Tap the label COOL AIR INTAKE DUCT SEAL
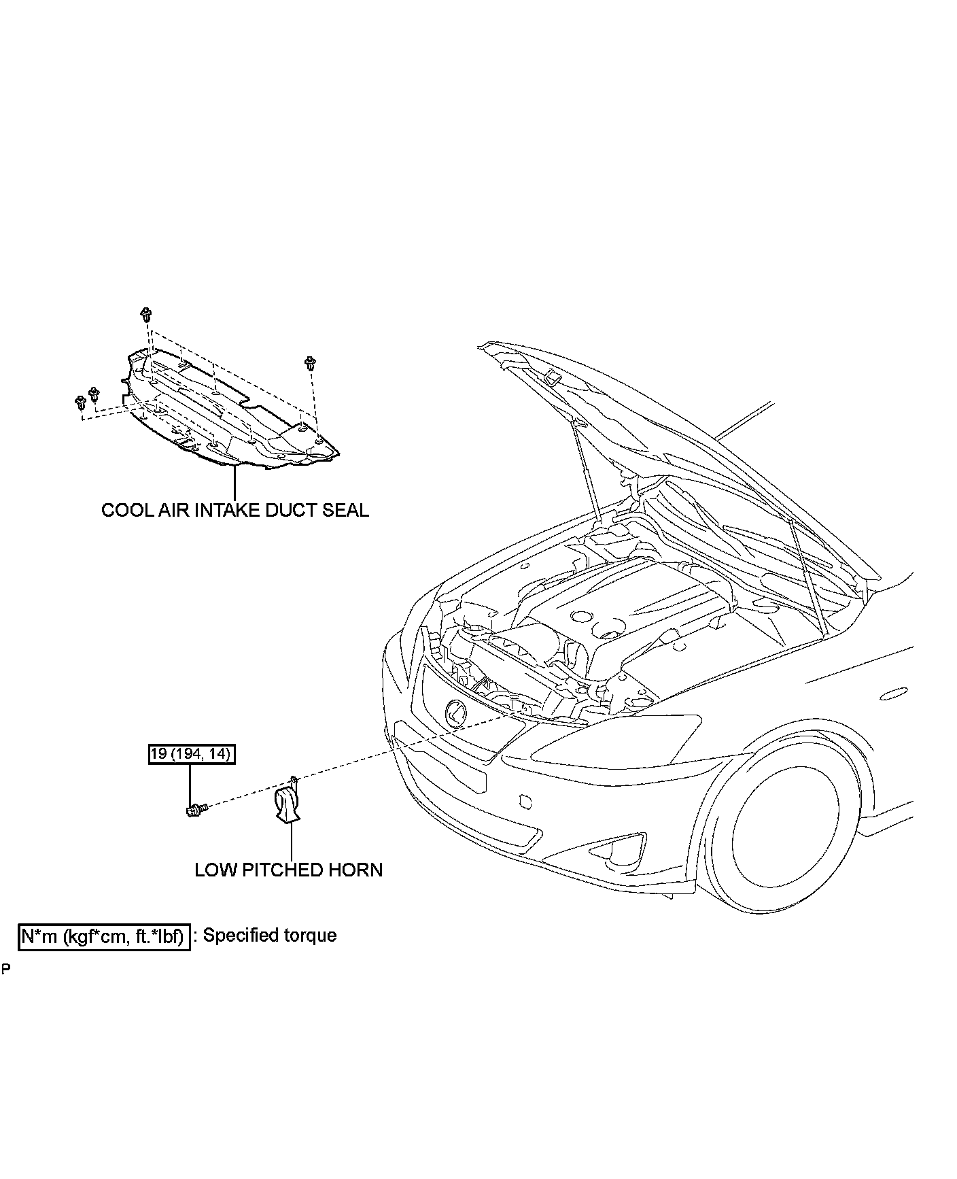tap(235, 510)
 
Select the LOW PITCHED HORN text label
tap(289, 870)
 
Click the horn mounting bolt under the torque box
tap(195, 808)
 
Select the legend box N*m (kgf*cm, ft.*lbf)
tap(104, 936)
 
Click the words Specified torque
tap(270, 936)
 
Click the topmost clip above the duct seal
tap(145, 315)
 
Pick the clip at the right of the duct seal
tap(311, 362)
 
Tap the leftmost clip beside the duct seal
tap(80, 403)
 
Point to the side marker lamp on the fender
tap(892, 694)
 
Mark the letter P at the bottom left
tap(5, 968)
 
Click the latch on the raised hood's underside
tap(552, 377)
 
